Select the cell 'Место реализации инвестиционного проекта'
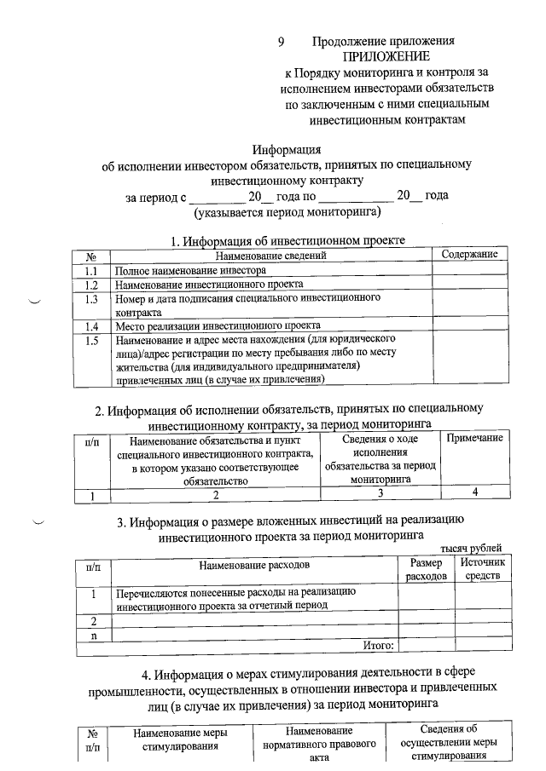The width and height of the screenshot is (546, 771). [218, 326]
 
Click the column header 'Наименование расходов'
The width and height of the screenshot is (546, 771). [254, 565]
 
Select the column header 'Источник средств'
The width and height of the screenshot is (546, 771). [483, 570]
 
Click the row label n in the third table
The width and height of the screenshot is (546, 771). [93, 635]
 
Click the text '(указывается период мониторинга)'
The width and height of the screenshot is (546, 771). [285, 210]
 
